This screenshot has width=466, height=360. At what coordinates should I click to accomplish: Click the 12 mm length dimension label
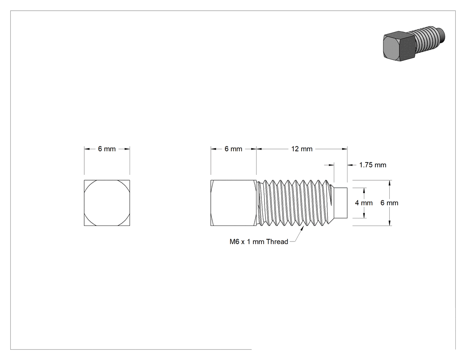(x=302, y=149)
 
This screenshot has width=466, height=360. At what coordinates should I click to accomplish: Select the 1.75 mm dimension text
(x=373, y=165)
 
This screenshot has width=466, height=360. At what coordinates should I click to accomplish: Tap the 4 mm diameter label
(x=364, y=203)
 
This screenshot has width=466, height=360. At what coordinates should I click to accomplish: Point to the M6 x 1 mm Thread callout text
(x=259, y=241)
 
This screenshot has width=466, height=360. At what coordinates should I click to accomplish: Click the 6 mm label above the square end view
(x=107, y=149)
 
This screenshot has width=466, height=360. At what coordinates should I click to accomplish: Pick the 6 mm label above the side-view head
(x=233, y=149)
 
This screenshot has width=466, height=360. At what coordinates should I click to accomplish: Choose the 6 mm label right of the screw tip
(x=389, y=203)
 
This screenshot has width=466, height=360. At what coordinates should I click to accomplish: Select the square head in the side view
(x=233, y=203)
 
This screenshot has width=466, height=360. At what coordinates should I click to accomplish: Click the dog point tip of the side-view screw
(x=341, y=203)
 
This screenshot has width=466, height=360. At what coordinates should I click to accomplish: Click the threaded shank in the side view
(x=294, y=203)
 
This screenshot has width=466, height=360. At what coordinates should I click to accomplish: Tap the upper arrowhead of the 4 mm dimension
(x=364, y=190)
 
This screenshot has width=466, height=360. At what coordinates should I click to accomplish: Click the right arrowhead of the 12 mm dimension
(x=345, y=149)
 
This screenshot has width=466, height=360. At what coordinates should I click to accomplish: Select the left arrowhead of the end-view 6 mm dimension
(x=87, y=149)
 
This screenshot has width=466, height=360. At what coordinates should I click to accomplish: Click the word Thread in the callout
(x=277, y=241)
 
